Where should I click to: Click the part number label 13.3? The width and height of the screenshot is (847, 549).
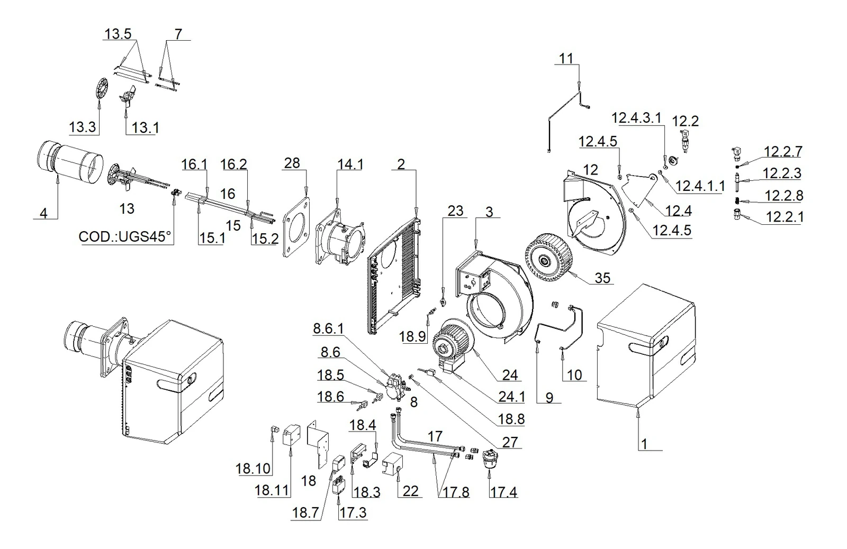click(x=83, y=127)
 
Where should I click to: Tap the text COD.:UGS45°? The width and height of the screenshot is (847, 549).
click(x=125, y=237)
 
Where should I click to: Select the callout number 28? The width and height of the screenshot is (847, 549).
click(x=292, y=163)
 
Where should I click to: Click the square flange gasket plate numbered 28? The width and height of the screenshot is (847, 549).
click(x=296, y=227)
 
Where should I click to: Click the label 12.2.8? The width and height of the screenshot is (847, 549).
click(x=784, y=196)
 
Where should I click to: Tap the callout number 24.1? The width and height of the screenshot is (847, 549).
click(x=511, y=397)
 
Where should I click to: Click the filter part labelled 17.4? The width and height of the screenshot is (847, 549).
click(x=490, y=459)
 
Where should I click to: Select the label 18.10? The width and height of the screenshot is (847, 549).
click(x=253, y=469)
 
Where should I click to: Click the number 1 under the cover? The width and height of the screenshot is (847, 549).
click(x=644, y=444)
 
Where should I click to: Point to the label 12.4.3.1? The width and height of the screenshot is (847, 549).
click(x=637, y=118)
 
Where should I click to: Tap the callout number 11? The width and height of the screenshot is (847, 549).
click(x=566, y=59)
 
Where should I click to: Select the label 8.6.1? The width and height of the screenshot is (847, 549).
click(x=328, y=329)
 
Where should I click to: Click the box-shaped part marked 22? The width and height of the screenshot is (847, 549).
click(x=393, y=464)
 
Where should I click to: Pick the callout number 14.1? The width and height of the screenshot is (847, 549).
click(x=350, y=164)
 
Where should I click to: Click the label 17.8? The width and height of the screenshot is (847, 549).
click(x=456, y=492)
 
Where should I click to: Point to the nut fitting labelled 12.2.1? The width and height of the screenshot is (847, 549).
click(x=736, y=214)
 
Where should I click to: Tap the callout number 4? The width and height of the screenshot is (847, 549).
click(x=43, y=214)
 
